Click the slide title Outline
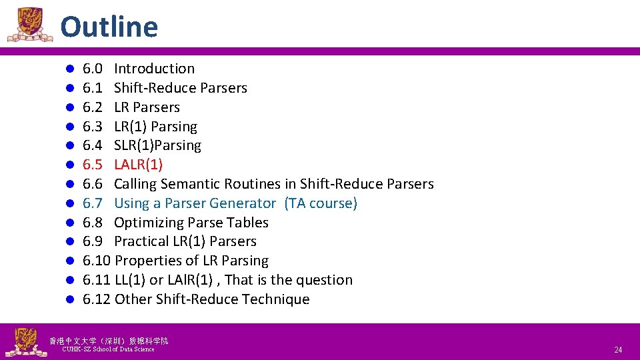tap(109, 27)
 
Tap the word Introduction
tap(154, 69)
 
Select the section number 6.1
tap(92, 88)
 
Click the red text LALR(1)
tap(138, 165)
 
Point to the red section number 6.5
tap(92, 165)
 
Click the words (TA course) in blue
tap(321, 203)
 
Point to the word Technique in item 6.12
tap(275, 299)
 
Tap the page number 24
tap(618, 350)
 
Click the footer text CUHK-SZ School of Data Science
tap(108, 349)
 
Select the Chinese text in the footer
tap(109, 341)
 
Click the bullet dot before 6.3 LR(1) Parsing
tap(69, 127)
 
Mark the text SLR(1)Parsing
tap(157, 145)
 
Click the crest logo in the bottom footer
tap(25, 342)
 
